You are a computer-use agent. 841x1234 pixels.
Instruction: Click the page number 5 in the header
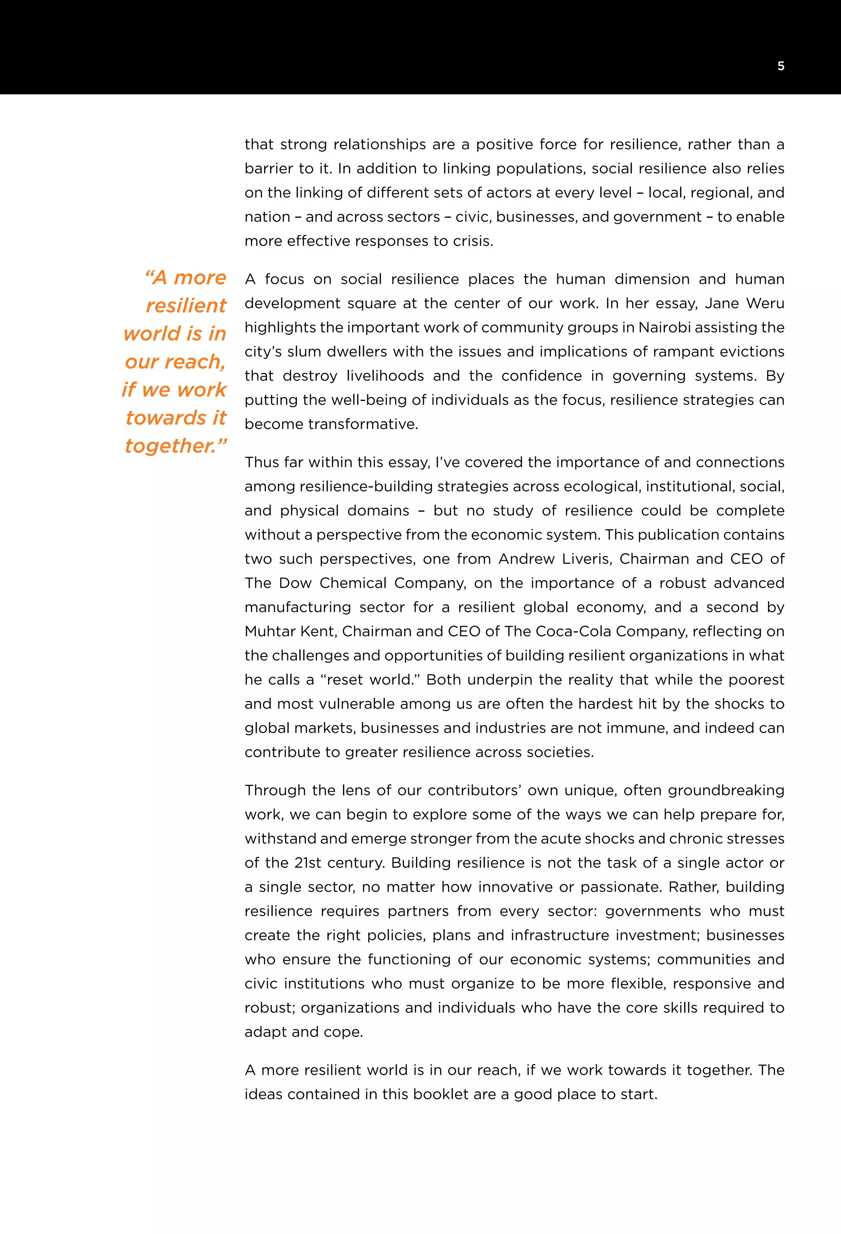[x=781, y=66]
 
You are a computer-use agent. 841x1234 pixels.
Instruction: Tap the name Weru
[x=765, y=303]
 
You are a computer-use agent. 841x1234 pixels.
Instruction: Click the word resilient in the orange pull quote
[x=186, y=306]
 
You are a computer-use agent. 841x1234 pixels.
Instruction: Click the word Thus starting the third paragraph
[x=262, y=463]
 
